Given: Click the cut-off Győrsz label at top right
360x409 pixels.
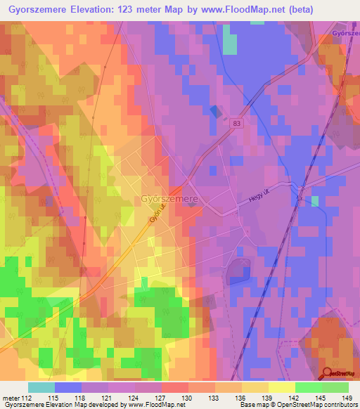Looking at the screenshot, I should pyautogui.click(x=345, y=32).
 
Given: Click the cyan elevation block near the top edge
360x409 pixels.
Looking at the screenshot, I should pyautogui.click(x=229, y=44).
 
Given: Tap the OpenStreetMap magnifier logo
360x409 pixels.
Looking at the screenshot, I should pyautogui.click(x=328, y=374).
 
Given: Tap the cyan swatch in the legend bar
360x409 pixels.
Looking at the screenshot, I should pyautogui.click(x=41, y=387).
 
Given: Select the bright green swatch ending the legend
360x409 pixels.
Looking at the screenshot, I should pyautogui.click(x=335, y=387).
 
